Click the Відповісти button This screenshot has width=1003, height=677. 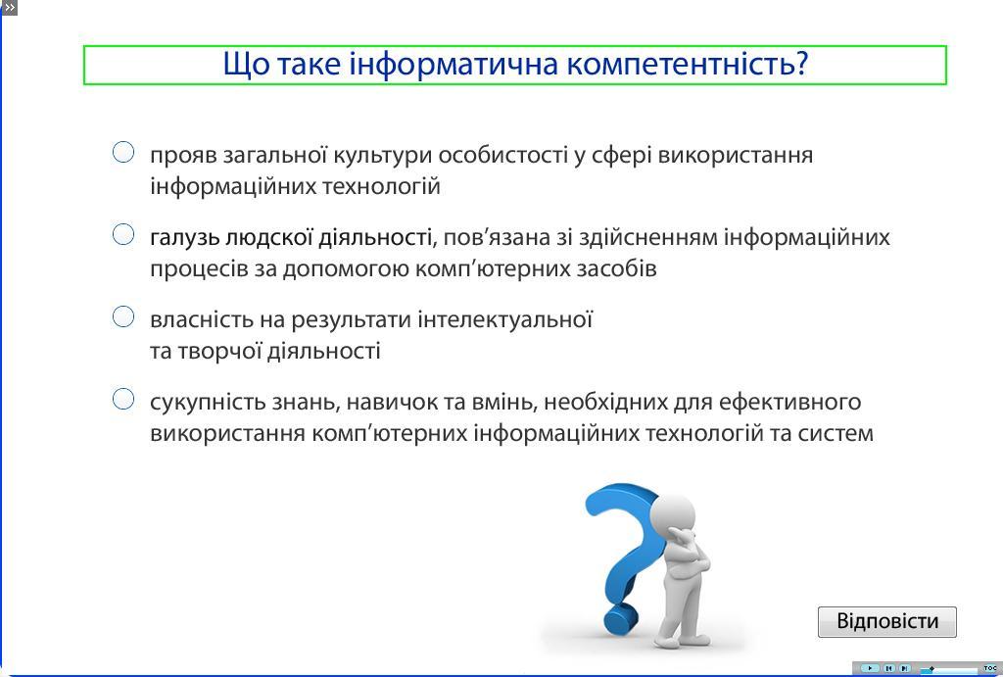[x=887, y=621]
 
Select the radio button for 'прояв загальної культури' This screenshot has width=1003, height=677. [x=123, y=152]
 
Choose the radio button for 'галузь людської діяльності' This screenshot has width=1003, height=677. [x=123, y=234]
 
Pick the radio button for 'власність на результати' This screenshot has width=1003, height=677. [x=123, y=316]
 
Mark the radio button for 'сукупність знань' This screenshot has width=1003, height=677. [x=123, y=399]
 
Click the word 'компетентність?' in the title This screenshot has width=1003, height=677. [x=688, y=64]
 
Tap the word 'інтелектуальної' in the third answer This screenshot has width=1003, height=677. [x=505, y=318]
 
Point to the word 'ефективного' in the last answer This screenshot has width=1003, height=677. [x=790, y=402]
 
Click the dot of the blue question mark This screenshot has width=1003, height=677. [x=620, y=617]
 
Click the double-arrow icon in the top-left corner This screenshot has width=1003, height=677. [x=8, y=8]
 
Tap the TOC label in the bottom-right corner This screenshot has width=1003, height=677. [x=990, y=668]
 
